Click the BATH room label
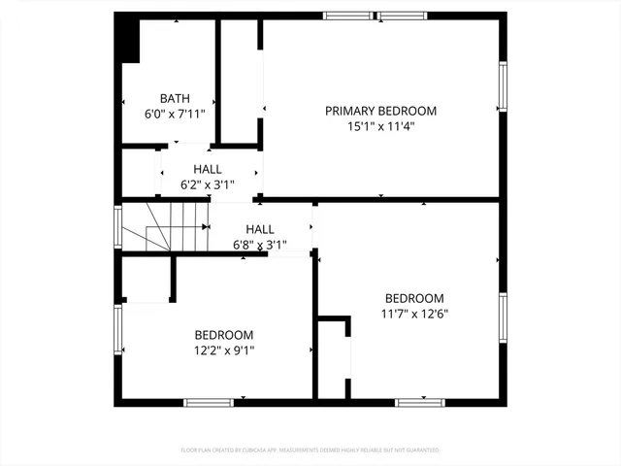(x=175, y=98)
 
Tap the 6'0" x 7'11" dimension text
(x=175, y=114)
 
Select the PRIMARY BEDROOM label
(x=380, y=111)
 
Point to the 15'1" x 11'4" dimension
(x=380, y=126)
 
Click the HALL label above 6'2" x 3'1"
(x=207, y=169)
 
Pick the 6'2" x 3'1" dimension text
(x=207, y=184)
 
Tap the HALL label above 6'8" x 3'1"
(x=259, y=229)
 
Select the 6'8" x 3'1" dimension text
(x=259, y=245)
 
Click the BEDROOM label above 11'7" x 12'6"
(x=414, y=298)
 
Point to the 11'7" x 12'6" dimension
(x=414, y=314)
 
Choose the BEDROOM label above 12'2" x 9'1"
(x=223, y=334)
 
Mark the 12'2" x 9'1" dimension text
(x=223, y=349)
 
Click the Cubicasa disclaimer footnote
(x=310, y=450)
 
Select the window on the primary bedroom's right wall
(x=503, y=85)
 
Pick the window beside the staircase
(x=118, y=227)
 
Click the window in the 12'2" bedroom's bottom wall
(x=208, y=401)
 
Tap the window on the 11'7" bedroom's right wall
(x=503, y=319)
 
